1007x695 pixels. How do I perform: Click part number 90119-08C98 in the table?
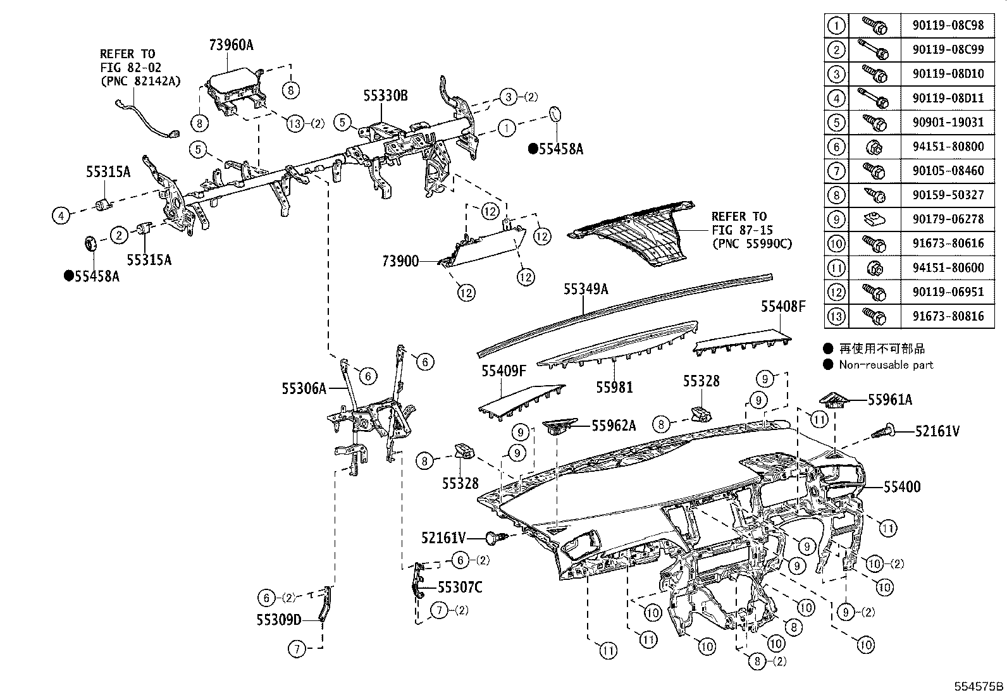tap(948, 25)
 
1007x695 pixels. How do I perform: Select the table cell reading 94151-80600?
tap(948, 268)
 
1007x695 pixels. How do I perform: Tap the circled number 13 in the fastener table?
tap(836, 316)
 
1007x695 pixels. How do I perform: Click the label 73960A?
tap(231, 44)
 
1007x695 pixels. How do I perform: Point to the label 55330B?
tap(385, 96)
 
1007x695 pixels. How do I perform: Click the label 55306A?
tap(304, 388)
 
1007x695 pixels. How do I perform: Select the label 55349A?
tap(586, 289)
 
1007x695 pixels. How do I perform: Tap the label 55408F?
tap(783, 307)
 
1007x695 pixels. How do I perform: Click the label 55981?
tap(614, 387)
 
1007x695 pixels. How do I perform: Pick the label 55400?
tap(902, 487)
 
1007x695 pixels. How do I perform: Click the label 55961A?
tap(890, 400)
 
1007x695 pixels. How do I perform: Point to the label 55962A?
tap(614, 426)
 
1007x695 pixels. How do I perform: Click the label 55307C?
tap(460, 587)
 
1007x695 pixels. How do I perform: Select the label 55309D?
tap(279, 619)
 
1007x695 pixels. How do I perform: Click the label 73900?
tap(400, 261)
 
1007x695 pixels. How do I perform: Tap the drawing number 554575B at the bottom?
tap(979, 686)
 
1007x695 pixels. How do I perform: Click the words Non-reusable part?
tap(886, 365)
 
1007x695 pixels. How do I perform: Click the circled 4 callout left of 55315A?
tap(61, 216)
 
